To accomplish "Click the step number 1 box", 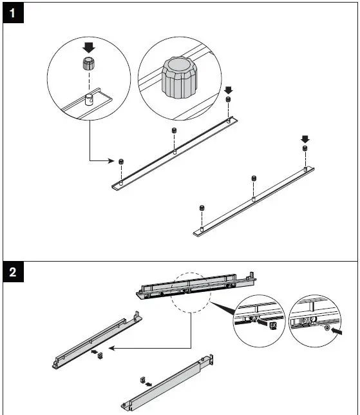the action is coord(14,13).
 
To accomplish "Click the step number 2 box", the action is coord(14,272).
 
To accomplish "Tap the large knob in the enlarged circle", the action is coord(180,77).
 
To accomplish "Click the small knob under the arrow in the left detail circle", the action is coord(89,64).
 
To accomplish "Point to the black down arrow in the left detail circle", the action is coord(89,48).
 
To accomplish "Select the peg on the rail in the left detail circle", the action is coord(89,99).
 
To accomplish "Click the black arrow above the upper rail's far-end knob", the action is coord(228,90).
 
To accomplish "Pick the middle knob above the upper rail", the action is coord(174,130).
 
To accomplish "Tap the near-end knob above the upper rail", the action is coord(121,162).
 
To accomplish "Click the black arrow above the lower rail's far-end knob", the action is coord(305,139).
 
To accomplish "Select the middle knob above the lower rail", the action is coord(254,178).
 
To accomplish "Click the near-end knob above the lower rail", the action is coord(202,207).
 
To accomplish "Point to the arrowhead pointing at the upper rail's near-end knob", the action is coord(111,160).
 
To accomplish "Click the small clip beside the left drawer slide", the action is coord(100,356).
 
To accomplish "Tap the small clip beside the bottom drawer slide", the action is coord(142,380).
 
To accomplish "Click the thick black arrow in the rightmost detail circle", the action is coord(336,331).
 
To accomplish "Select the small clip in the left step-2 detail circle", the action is coord(273,326).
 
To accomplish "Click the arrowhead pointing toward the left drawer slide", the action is coord(111,348).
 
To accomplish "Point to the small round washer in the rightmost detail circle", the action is coord(327,328).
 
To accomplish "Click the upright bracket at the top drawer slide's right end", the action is coord(252,275).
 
